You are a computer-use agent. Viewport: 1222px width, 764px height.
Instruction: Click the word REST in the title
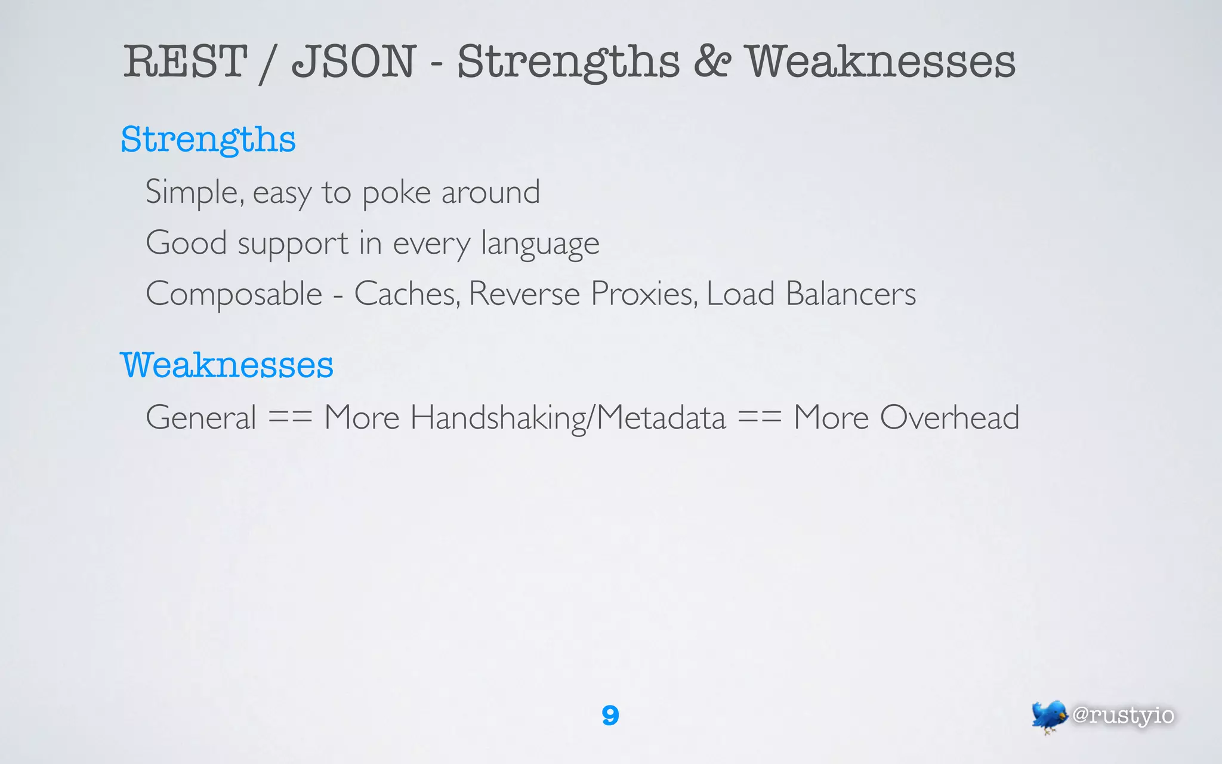click(x=185, y=61)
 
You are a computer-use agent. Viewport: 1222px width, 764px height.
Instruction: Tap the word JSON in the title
click(x=353, y=61)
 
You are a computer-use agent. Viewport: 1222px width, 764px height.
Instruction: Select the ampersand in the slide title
click(x=712, y=61)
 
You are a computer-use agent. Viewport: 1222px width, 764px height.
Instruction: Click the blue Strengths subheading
click(x=208, y=140)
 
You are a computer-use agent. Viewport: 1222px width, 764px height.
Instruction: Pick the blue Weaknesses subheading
click(x=227, y=365)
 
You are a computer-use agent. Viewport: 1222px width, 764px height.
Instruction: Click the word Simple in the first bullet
click(x=195, y=193)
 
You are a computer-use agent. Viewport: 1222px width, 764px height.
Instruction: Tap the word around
click(x=490, y=193)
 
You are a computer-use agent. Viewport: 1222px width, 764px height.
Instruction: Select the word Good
click(x=186, y=243)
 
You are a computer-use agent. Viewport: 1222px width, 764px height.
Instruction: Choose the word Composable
click(x=234, y=294)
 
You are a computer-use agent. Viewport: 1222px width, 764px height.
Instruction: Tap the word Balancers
click(x=850, y=294)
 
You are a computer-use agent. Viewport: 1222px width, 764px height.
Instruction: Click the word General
click(x=201, y=417)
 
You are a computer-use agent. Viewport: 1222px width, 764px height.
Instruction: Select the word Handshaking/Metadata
click(x=567, y=417)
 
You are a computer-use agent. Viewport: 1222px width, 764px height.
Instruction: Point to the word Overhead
click(x=949, y=417)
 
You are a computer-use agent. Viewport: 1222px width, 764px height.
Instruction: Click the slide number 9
click(x=610, y=715)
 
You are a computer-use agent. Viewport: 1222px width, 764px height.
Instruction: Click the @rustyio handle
click(x=1123, y=715)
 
